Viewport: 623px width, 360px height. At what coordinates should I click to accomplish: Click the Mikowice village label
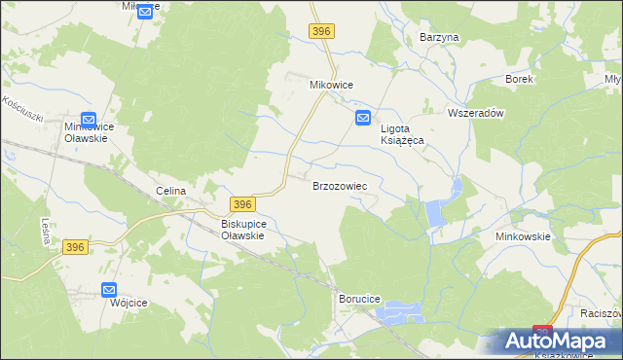[x=330, y=85]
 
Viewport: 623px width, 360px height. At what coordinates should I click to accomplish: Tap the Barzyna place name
[x=438, y=37]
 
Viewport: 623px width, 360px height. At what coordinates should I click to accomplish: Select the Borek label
[x=519, y=79]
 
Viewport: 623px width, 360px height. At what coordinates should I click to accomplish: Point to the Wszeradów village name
[x=475, y=113]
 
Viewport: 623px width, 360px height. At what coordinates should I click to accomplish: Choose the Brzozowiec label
[x=339, y=185]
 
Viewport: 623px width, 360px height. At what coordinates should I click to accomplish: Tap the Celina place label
[x=170, y=191]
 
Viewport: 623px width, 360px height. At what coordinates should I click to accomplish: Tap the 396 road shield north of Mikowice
[x=322, y=32]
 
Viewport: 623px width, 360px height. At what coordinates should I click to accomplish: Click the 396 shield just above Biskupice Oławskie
[x=242, y=203]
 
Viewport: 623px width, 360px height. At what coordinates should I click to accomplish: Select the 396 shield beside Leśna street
[x=77, y=248]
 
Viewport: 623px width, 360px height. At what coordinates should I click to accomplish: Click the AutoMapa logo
[x=559, y=342]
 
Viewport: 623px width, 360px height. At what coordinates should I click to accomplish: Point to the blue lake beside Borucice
[x=403, y=313]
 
